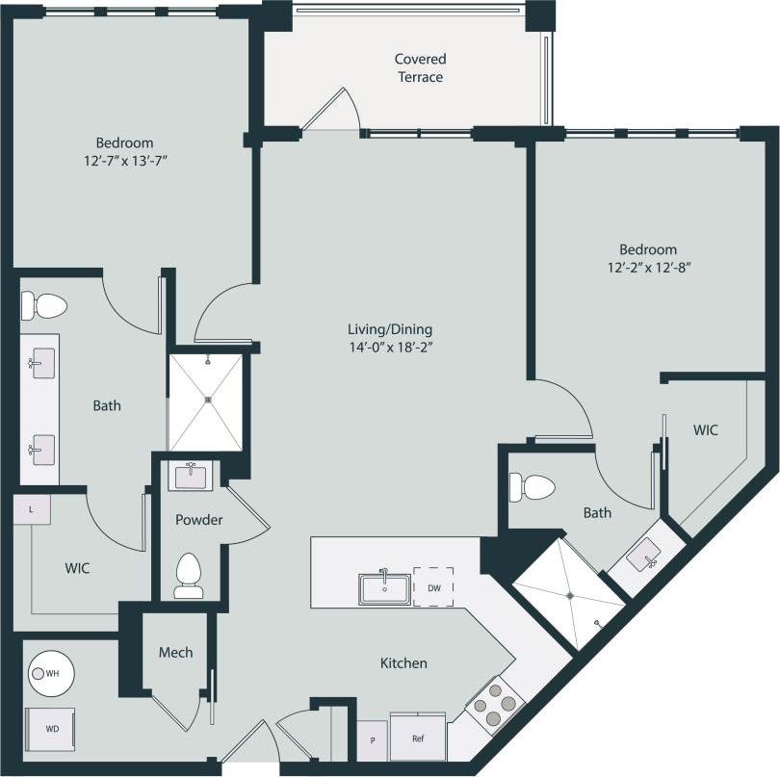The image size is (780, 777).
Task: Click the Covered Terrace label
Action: tap(420, 67)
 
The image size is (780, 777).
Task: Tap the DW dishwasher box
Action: tap(433, 586)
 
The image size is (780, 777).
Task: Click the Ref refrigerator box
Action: tap(418, 738)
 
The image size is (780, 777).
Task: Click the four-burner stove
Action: tap(494, 704)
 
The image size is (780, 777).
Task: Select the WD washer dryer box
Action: tap(50, 728)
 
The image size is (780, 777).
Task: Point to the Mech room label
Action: tap(174, 652)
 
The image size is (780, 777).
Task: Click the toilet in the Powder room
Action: tap(189, 576)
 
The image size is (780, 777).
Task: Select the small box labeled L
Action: tap(32, 510)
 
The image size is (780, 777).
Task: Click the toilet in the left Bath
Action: tap(44, 307)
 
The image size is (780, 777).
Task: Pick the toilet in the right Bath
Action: tap(532, 486)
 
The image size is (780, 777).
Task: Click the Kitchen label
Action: tap(403, 663)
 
